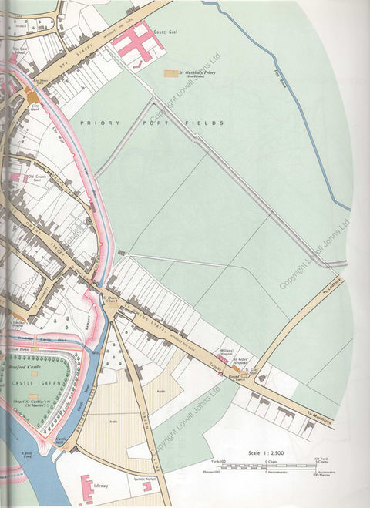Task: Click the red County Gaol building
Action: [136, 43]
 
